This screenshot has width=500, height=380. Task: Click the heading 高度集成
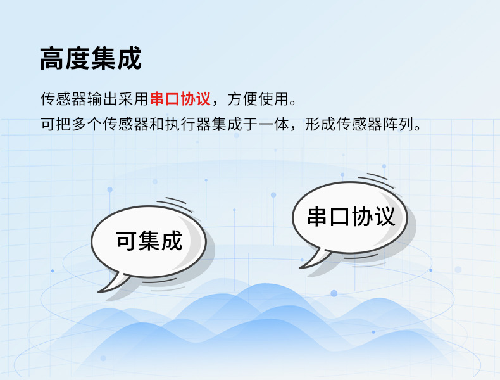(91, 59)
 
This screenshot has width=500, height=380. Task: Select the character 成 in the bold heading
(129, 59)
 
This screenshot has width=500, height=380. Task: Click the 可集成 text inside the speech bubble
(149, 241)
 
